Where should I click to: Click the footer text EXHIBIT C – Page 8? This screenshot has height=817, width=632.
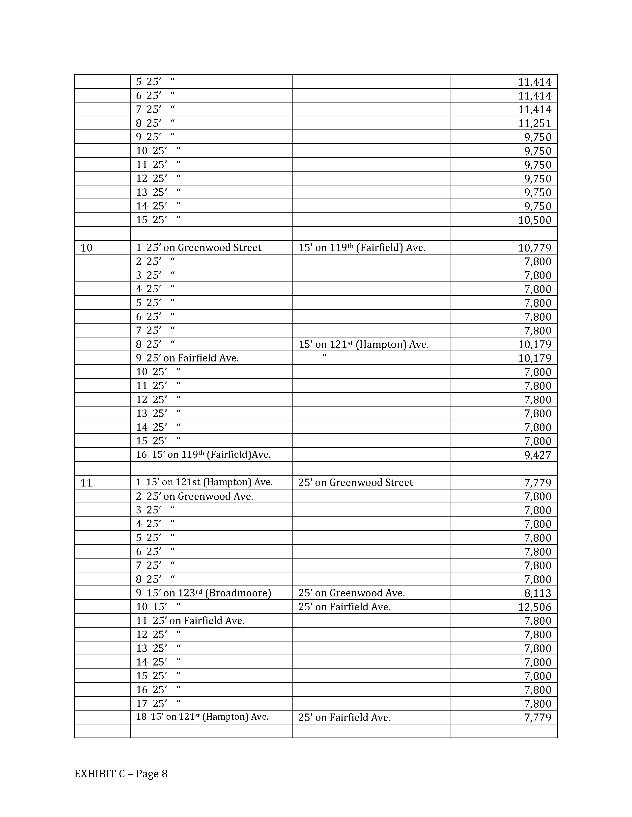(121, 773)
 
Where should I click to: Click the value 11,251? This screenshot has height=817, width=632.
(534, 123)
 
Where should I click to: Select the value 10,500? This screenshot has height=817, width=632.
(534, 220)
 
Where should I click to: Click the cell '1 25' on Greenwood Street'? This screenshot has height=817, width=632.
(199, 248)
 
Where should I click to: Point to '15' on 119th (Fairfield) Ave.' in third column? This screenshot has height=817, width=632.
(362, 248)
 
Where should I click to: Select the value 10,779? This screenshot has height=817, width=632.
(534, 248)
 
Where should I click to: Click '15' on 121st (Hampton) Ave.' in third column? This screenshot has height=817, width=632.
(363, 344)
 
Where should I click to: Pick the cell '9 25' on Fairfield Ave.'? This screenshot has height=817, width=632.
(187, 358)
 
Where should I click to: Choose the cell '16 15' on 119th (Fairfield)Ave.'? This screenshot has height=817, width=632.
(203, 455)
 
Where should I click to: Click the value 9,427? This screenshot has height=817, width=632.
(538, 455)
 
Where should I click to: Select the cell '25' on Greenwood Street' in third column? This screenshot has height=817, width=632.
(356, 483)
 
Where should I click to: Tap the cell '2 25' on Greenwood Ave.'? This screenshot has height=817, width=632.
(194, 496)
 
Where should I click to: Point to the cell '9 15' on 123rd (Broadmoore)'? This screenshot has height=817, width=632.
(203, 593)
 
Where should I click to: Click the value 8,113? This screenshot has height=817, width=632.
(538, 593)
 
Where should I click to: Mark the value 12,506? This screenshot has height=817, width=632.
(534, 607)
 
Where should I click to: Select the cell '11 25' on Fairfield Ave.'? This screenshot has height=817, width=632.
(190, 621)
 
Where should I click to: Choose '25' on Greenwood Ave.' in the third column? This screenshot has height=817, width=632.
(352, 593)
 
